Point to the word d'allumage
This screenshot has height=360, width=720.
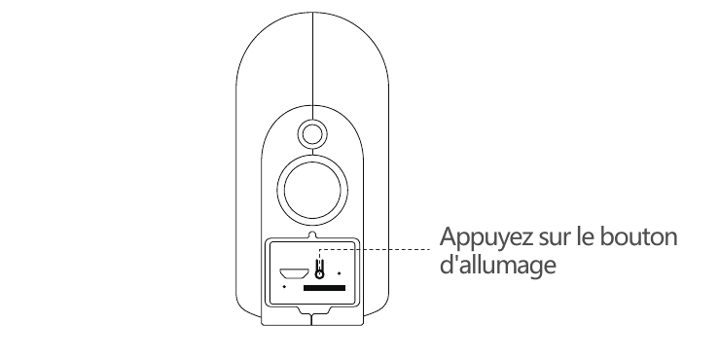[x=498, y=266]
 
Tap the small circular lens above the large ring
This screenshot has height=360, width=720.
[x=312, y=134]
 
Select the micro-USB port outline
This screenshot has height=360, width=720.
[x=294, y=273]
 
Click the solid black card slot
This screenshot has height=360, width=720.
[x=324, y=288]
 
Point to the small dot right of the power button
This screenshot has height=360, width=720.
[x=339, y=273]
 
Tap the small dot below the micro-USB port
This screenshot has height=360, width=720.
[x=284, y=286]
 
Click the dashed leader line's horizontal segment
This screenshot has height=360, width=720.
[x=375, y=249]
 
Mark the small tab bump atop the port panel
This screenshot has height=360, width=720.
[x=312, y=234]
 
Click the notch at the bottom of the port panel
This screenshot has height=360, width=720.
[x=312, y=310]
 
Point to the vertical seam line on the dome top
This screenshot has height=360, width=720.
[x=312, y=66]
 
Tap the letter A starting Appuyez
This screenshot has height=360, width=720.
[x=448, y=237]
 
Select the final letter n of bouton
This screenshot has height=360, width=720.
[x=671, y=239]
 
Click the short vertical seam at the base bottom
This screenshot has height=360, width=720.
[x=311, y=320]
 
